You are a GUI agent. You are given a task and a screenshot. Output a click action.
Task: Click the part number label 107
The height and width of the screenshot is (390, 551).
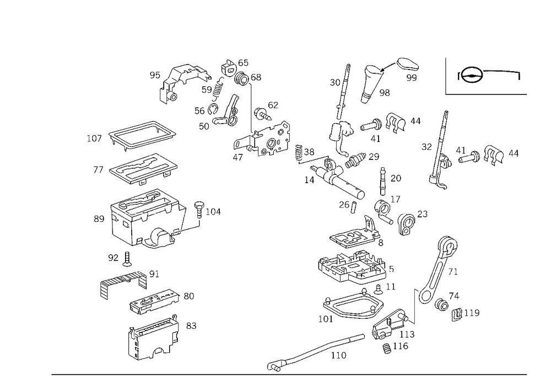[x=94, y=138]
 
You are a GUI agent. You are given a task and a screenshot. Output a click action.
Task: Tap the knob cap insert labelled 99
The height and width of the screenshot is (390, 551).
[x=408, y=65]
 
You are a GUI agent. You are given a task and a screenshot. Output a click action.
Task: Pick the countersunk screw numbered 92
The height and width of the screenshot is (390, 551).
[x=127, y=259]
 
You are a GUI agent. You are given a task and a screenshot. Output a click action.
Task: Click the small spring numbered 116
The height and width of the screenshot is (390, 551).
[x=387, y=348]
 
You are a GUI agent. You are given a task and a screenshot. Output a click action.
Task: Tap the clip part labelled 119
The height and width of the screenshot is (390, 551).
[x=456, y=314]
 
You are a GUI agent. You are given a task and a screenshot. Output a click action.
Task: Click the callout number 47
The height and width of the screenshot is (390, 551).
[x=238, y=157]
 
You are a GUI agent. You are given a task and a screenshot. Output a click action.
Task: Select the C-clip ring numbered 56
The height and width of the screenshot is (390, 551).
[x=213, y=110]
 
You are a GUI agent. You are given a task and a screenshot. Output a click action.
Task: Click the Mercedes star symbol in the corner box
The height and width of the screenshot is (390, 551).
[x=472, y=75]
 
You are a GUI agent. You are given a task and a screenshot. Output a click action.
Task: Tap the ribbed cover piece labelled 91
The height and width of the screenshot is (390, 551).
[x=123, y=283]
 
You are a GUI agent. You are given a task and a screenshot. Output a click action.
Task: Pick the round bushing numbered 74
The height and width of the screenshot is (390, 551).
[x=441, y=305]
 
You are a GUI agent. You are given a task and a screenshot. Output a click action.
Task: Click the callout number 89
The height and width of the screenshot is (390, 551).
[x=99, y=219]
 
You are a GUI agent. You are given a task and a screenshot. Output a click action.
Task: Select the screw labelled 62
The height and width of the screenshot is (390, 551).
[x=262, y=114]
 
